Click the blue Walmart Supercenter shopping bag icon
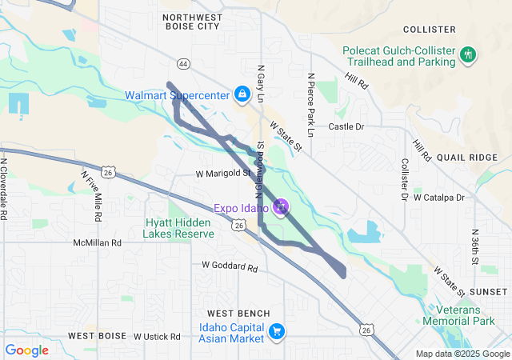coord(241,94)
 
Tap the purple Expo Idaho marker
coord(281,208)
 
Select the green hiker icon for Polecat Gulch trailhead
coord(468,55)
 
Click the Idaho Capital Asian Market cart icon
coord(277,331)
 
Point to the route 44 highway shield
coord(183,63)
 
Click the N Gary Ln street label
coord(260,85)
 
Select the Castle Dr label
coord(346,126)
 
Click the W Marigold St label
coord(223,173)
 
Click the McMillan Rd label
coord(97,242)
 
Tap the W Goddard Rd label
coord(230,266)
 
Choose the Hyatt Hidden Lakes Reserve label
coord(178,228)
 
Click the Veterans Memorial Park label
coord(472,314)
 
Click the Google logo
coord(27,350)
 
